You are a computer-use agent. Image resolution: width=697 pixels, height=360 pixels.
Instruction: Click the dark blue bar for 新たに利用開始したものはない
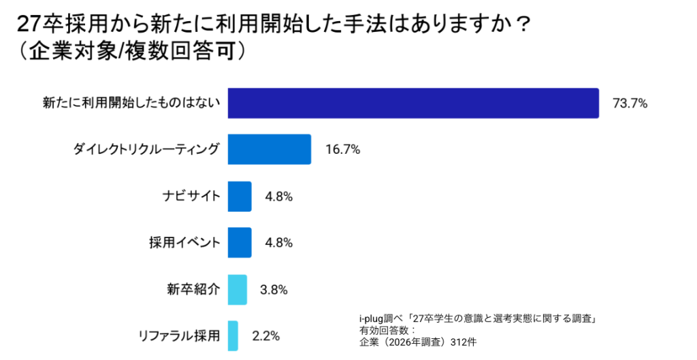click(413, 103)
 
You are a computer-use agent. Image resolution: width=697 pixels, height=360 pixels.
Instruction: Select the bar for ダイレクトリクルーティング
click(269, 150)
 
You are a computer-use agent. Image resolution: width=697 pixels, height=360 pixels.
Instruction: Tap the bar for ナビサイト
click(240, 196)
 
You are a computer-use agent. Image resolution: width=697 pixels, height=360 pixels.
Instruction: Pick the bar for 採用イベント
click(240, 242)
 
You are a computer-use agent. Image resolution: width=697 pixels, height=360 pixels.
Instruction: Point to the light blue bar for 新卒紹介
click(237, 289)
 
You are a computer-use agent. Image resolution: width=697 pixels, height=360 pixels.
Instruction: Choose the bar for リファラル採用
click(233, 335)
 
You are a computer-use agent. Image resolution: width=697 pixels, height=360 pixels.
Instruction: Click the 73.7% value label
click(630, 104)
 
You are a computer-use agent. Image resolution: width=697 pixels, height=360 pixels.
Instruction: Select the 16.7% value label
click(342, 150)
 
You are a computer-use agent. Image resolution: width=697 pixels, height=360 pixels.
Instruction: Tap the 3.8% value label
click(274, 289)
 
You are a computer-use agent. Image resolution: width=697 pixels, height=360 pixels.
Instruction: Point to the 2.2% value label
click(265, 336)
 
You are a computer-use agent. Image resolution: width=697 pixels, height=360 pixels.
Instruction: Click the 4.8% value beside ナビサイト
click(278, 197)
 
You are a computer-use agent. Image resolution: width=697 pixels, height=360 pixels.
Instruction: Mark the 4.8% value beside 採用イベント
click(278, 243)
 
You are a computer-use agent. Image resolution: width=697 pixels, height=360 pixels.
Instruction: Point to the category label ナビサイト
click(191, 197)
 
